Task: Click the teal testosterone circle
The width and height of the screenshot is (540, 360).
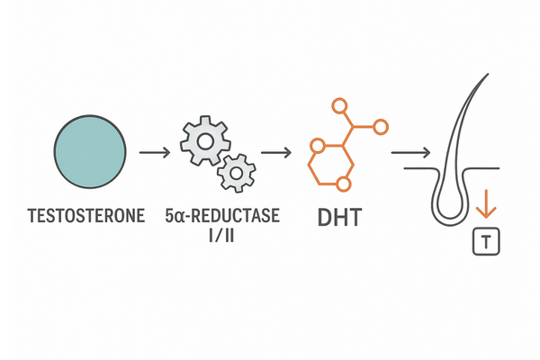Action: click(x=90, y=151)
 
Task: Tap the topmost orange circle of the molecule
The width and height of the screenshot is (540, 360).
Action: click(x=339, y=106)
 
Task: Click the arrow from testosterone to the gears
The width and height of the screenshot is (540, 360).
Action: click(x=156, y=152)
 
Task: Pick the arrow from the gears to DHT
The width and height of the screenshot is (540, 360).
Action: click(x=277, y=152)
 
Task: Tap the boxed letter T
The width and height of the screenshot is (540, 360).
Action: click(x=486, y=240)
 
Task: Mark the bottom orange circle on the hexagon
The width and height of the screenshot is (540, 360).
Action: click(x=341, y=185)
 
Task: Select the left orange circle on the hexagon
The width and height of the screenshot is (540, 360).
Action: click(x=315, y=145)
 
